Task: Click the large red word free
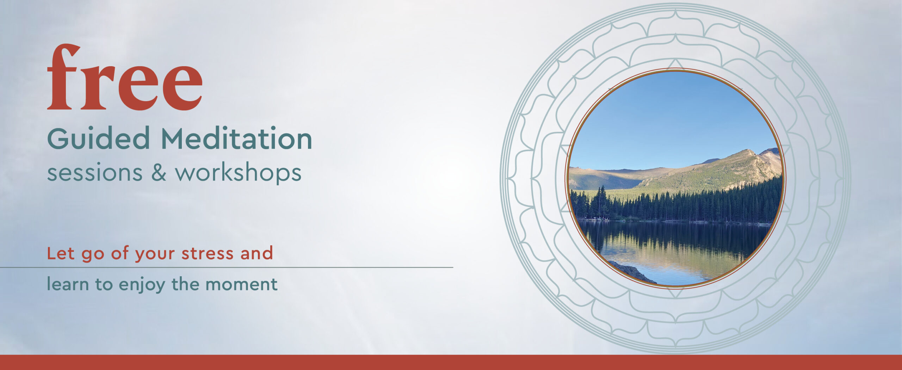click(x=125, y=77)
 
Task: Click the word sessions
click(x=95, y=173)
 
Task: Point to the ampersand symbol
click(x=159, y=172)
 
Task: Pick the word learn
click(x=68, y=284)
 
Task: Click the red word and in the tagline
click(x=257, y=253)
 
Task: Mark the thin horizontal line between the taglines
click(x=227, y=267)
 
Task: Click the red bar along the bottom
click(x=451, y=362)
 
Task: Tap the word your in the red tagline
click(x=155, y=254)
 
